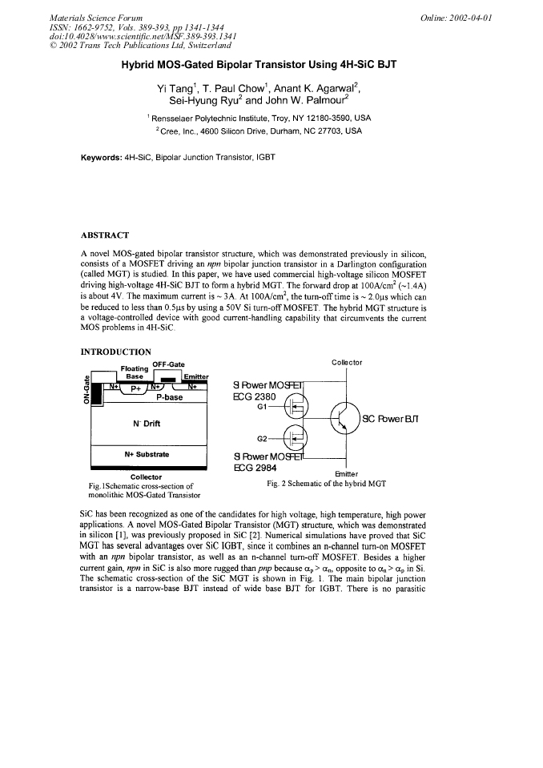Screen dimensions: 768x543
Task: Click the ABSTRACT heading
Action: [105, 236]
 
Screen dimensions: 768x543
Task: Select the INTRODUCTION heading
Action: [115, 351]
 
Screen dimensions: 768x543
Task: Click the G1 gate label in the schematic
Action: [261, 407]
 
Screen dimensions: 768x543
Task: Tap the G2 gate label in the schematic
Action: [261, 438]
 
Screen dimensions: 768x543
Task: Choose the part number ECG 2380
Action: [255, 396]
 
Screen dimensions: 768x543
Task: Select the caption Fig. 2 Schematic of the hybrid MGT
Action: [326, 484]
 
